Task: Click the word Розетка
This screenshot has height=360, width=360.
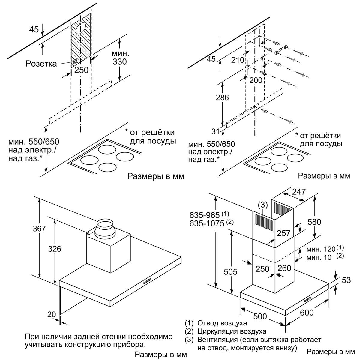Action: (41, 64)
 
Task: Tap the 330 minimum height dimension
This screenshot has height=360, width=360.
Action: (120, 62)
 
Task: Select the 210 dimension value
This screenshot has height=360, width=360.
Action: (238, 60)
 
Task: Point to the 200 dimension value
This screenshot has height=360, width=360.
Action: (256, 80)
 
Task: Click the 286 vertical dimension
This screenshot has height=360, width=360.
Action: (222, 97)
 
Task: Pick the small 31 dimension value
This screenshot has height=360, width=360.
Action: (215, 131)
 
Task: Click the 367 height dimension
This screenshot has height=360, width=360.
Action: (39, 229)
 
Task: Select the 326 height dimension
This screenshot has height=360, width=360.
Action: (55, 249)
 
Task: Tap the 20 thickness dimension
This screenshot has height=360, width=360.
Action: (52, 315)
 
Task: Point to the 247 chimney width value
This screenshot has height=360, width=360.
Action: (299, 192)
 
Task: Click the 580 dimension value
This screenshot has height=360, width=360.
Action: (314, 222)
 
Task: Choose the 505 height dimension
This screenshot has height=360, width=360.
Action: (230, 272)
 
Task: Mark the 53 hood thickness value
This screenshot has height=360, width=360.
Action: (346, 280)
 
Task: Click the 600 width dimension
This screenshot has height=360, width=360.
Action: (307, 313)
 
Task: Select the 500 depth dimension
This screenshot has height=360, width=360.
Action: (260, 316)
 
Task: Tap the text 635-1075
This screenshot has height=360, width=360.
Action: (207, 223)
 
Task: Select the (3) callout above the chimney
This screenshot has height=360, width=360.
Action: (263, 205)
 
